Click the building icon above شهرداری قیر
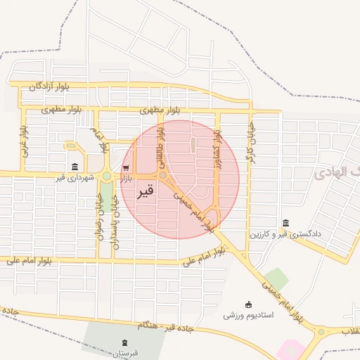point(75,167)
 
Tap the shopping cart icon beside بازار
point(126,167)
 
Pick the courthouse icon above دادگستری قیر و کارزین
point(285,222)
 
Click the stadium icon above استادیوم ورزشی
point(248,304)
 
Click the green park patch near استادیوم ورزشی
point(276,278)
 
